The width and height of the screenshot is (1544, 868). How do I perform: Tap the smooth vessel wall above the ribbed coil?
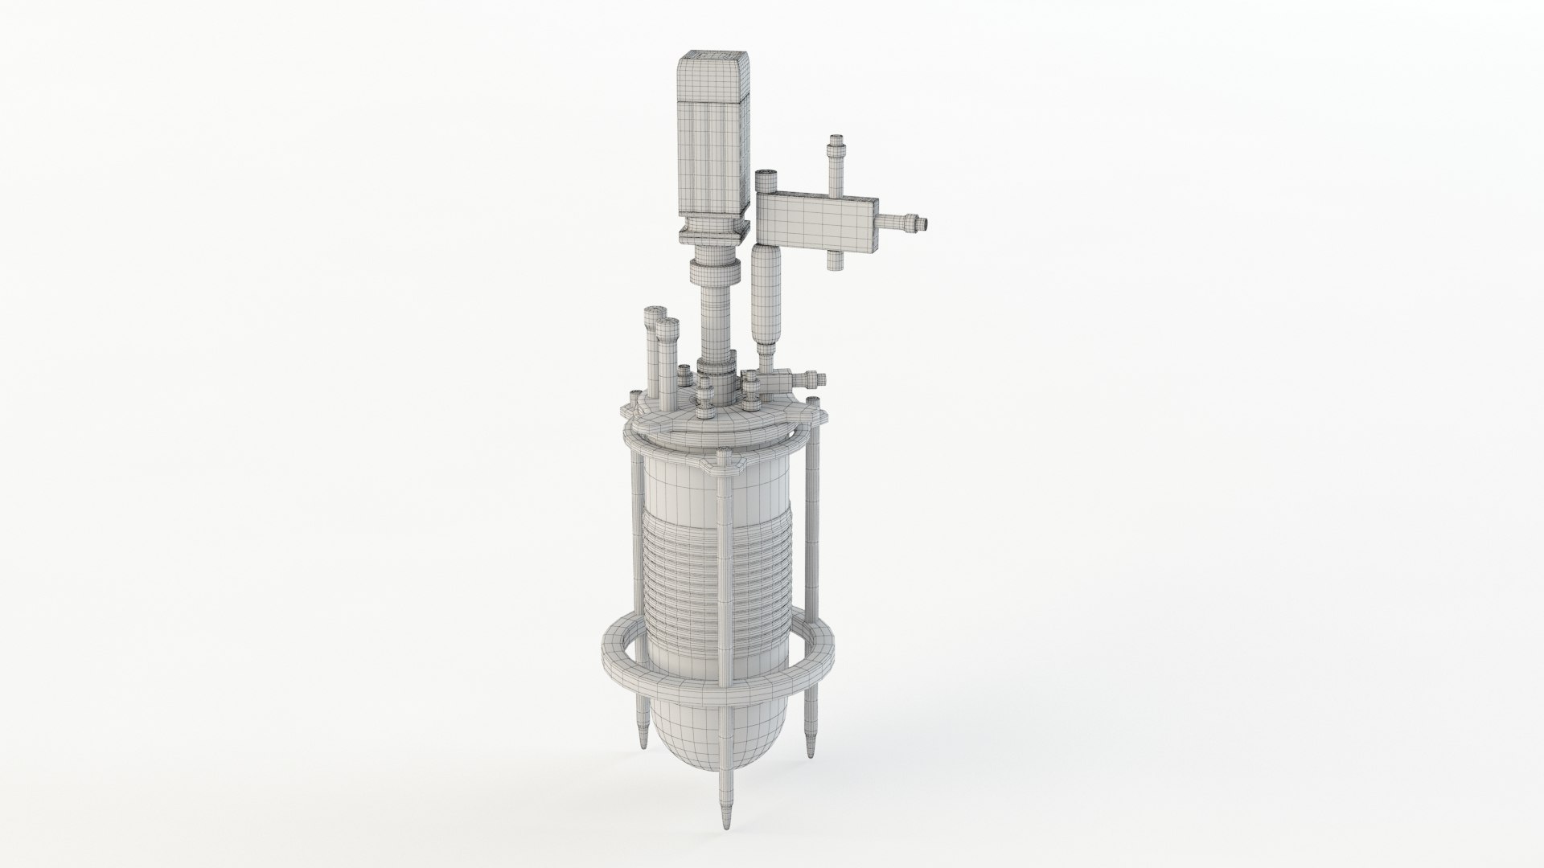click(708, 490)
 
